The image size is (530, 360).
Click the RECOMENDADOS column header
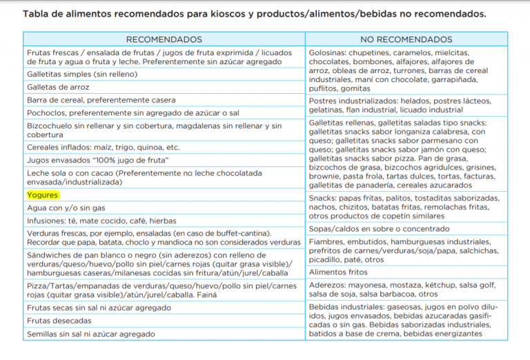coord(164,39)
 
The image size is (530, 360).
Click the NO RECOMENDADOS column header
coord(406,39)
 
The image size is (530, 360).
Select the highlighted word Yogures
coord(42,195)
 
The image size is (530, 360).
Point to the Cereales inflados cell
coord(103,147)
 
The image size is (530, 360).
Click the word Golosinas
coord(329,52)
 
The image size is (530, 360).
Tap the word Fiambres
coord(328,241)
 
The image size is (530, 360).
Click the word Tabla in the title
coord(37,13)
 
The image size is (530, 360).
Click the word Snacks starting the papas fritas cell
coord(324,198)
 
